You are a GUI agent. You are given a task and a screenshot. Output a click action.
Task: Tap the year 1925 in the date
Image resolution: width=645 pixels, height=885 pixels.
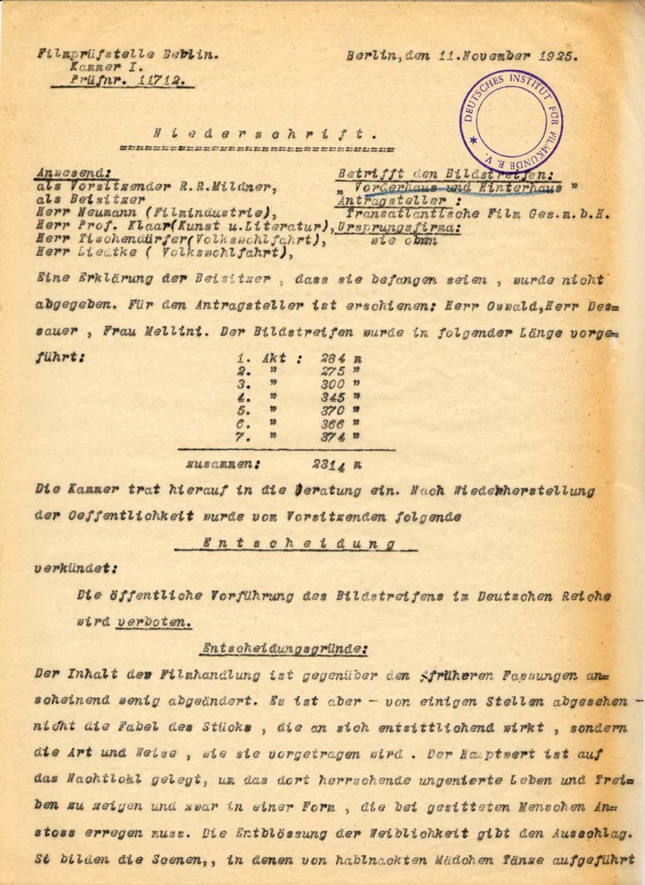pyautogui.click(x=557, y=57)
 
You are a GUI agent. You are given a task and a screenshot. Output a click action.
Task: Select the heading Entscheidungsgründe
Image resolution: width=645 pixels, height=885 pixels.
pyautogui.click(x=284, y=647)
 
